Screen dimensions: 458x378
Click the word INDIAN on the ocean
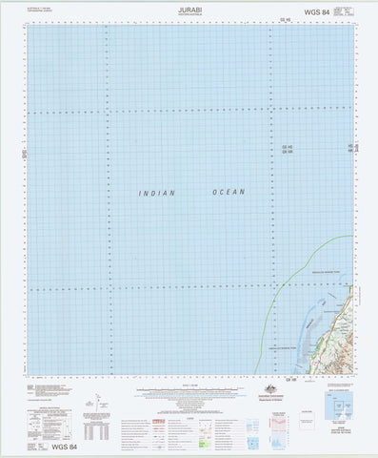pos(157,194)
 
